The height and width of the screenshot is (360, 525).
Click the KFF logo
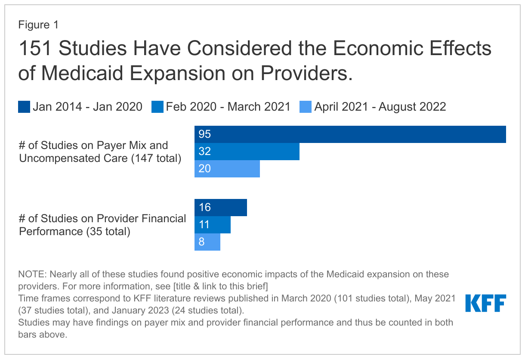point(485,303)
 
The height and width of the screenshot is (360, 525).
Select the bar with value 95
point(350,134)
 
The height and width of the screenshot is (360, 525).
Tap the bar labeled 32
point(247,152)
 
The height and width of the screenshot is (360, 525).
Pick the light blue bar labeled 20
point(227,169)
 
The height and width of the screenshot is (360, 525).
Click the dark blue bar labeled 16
point(220,208)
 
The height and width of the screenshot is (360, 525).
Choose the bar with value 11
point(212,225)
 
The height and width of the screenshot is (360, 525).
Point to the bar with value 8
point(207,242)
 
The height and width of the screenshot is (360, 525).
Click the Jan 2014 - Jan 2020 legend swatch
point(24,107)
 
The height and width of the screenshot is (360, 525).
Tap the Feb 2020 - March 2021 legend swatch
point(157,107)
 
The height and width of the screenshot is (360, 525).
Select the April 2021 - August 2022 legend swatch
point(306,107)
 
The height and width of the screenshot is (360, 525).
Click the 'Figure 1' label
point(38,25)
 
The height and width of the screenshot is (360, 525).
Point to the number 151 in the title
point(35,49)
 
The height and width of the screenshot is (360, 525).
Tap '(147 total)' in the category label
point(156,158)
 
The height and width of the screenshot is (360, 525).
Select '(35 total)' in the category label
point(108,232)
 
